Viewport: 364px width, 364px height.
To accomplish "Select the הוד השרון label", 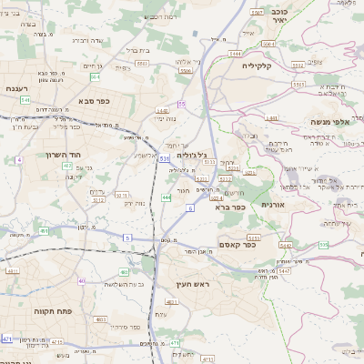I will pos(65,154).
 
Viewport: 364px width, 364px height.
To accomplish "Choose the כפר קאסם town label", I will pos(238,244).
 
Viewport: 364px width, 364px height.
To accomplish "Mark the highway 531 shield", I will pos(164,158).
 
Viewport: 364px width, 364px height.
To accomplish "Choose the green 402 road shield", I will pos(67,166).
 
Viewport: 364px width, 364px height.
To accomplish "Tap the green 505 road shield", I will pos(324,245).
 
